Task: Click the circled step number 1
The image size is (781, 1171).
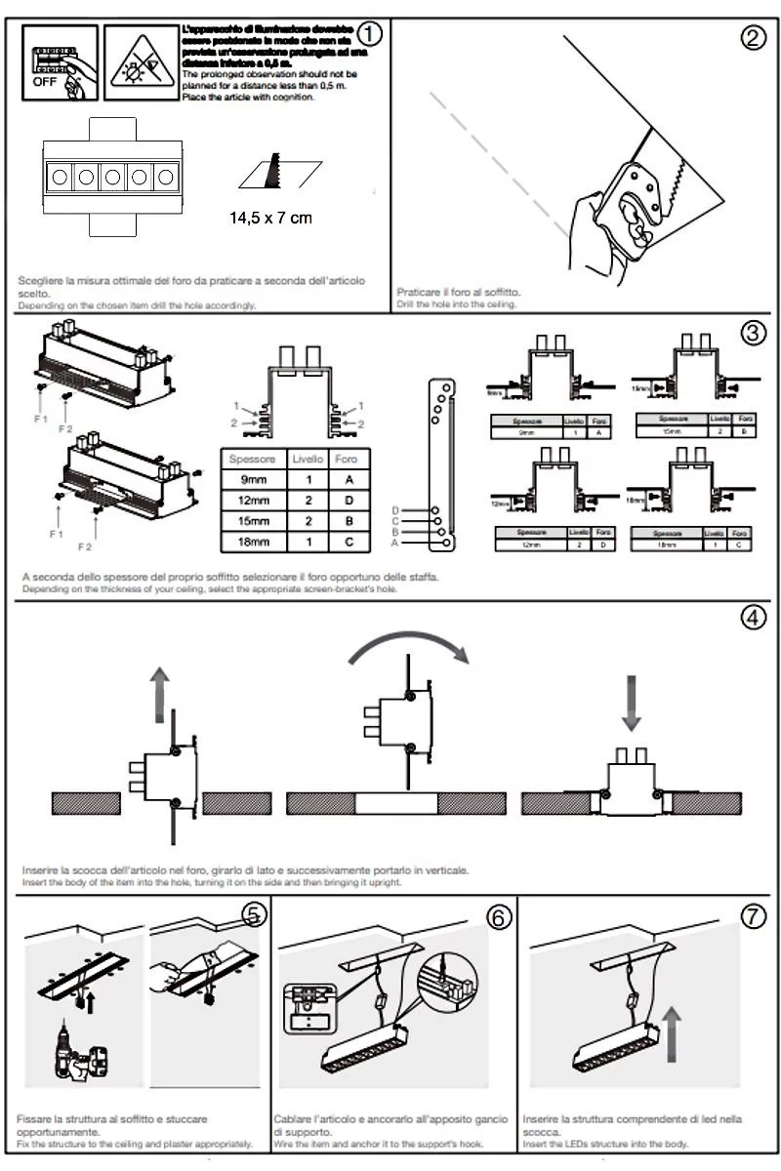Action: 369,33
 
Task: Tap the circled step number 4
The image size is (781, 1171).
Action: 753,618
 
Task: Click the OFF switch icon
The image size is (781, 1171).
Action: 56,63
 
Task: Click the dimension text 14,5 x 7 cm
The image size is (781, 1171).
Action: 270,218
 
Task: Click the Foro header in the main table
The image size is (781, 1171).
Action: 346,459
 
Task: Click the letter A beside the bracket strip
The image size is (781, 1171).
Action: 395,543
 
